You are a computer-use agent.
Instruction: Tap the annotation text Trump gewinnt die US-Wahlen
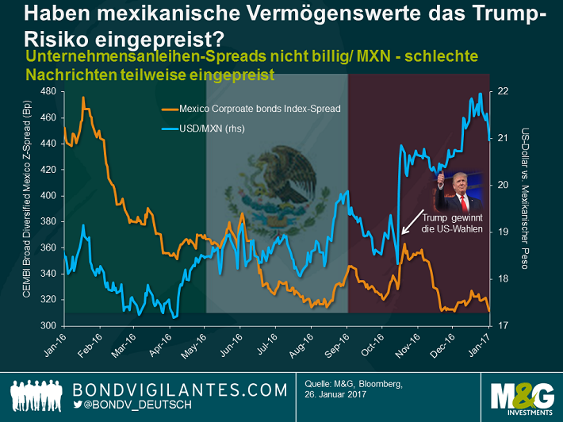(451, 223)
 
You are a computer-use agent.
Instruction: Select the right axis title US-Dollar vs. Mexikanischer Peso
(524, 198)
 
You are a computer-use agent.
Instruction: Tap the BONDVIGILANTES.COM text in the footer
(179, 389)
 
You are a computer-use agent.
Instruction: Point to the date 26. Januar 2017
(336, 397)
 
